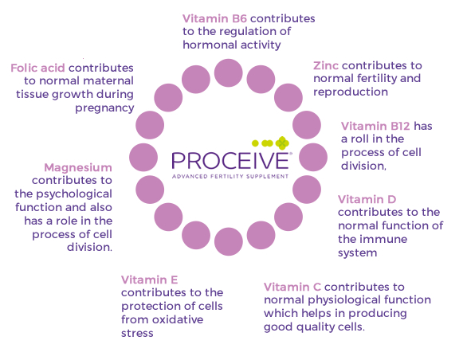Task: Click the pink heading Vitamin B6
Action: click(214, 18)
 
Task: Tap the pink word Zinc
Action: click(325, 65)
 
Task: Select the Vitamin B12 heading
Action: click(375, 126)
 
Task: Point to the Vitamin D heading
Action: click(367, 199)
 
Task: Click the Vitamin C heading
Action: click(292, 287)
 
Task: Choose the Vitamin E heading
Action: click(150, 280)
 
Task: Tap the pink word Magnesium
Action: click(78, 167)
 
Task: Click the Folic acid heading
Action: click(37, 68)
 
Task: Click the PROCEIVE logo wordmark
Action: click(230, 161)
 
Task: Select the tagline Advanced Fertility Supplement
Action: click(230, 176)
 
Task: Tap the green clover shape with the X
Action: click(282, 143)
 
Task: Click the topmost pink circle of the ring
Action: click(229, 73)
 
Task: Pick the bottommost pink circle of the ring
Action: click(229, 241)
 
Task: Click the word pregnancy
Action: click(104, 108)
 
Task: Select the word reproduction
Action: click(351, 92)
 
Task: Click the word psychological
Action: click(74, 194)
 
